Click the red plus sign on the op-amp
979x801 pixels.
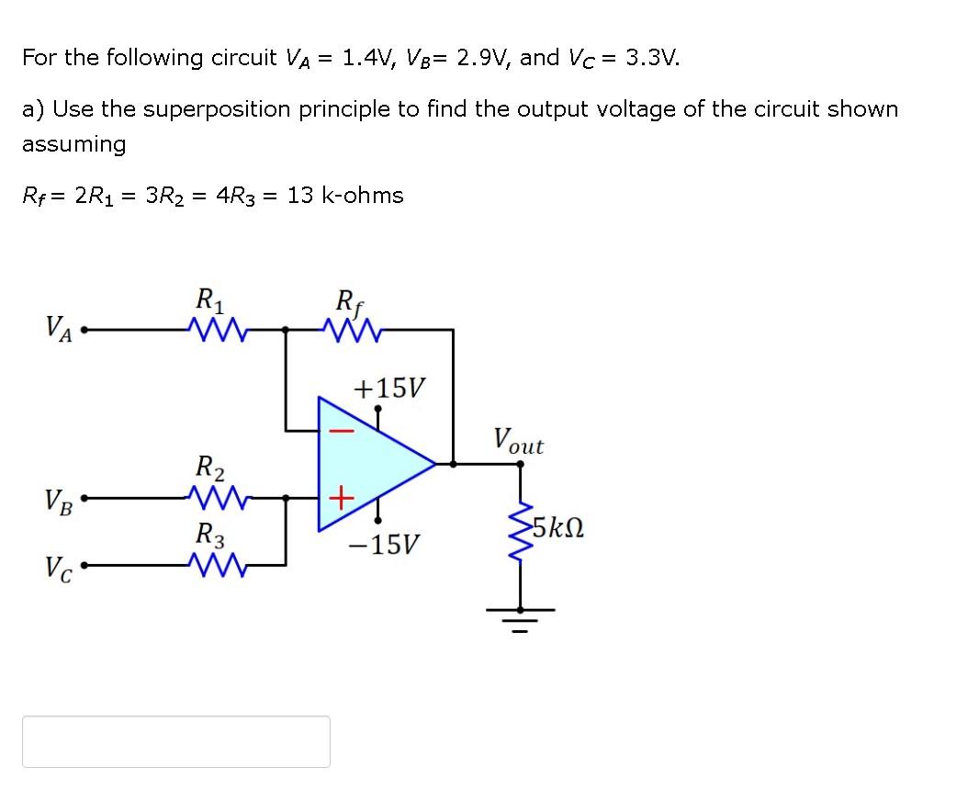[340, 500]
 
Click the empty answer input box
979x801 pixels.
[176, 741]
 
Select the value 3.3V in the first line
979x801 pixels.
[652, 58]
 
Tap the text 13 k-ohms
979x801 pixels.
[345, 195]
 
